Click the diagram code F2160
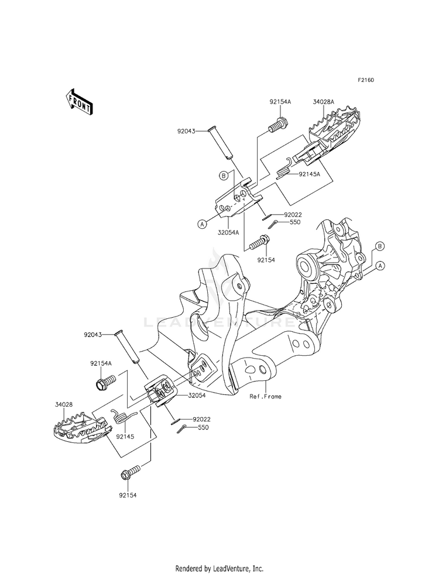(366, 80)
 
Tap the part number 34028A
(323, 102)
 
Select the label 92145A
(309, 174)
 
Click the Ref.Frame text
(266, 396)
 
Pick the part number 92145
(125, 436)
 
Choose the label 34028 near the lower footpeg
(64, 405)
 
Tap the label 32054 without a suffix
(197, 396)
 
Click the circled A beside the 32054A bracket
(202, 224)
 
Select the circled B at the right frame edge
(380, 246)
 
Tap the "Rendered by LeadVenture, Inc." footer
(220, 568)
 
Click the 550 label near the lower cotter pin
(203, 428)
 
